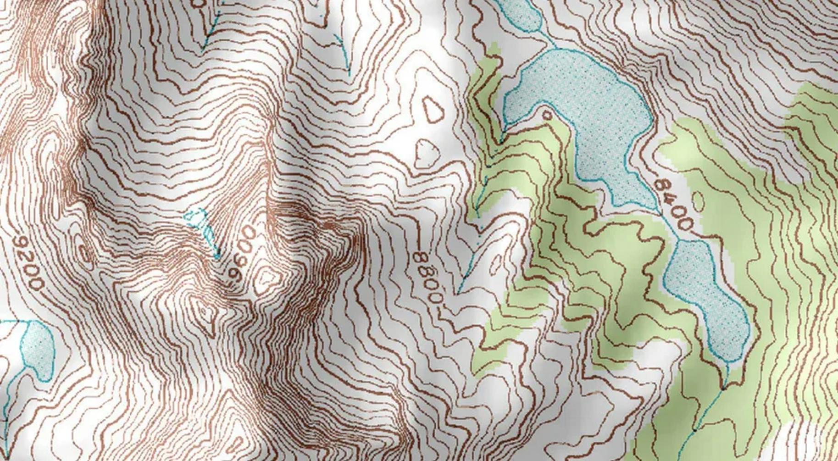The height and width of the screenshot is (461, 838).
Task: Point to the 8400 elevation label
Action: [x=674, y=204]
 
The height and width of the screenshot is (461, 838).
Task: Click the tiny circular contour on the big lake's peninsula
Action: [x=547, y=115]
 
